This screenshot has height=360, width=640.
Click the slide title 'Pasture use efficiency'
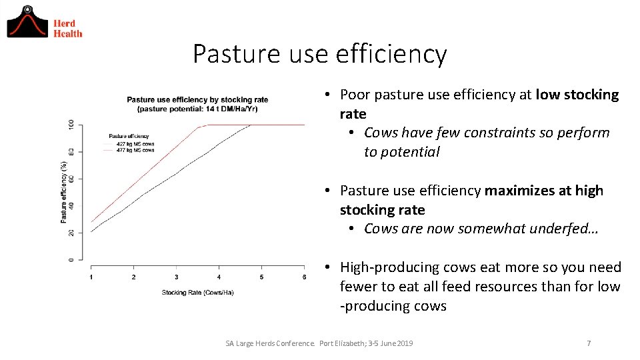pos(319,54)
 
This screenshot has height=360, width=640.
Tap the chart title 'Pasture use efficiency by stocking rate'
pos(197,100)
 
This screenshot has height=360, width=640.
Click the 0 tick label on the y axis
pos(71,259)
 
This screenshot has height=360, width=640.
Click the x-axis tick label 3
pos(176,277)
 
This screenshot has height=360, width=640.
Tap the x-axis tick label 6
pos(304,277)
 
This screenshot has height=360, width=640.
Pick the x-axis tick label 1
pos(91,277)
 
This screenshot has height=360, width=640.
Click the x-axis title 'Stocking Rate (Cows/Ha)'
pos(197,293)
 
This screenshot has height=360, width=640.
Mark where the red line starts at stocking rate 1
pos(92,221)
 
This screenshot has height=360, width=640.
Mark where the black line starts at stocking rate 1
pos(92,231)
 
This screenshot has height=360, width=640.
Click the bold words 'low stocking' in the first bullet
pos(577,95)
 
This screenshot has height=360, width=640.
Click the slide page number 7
pos(588,343)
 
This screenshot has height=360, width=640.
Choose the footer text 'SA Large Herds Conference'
pos(269,343)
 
